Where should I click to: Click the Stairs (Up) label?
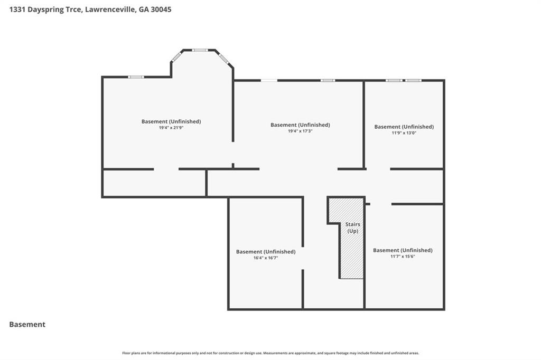tap(352, 228)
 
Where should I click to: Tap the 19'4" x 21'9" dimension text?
tap(171, 128)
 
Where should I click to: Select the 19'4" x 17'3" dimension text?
tap(300, 131)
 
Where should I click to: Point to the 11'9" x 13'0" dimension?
tap(404, 133)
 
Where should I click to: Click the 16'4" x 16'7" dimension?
tap(266, 258)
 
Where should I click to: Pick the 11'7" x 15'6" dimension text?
tap(403, 256)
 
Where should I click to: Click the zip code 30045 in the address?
tap(161, 10)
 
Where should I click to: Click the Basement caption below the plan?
tap(27, 325)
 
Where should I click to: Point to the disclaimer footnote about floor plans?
tap(270, 353)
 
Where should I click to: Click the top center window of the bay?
tap(200, 50)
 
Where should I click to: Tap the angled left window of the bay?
tap(176, 56)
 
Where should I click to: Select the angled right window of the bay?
tap(223, 58)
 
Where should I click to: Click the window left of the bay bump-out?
tap(136, 77)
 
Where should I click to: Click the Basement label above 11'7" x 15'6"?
tap(403, 250)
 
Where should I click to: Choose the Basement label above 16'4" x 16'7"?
tap(266, 252)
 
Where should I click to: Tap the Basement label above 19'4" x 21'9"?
tap(171, 121)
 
